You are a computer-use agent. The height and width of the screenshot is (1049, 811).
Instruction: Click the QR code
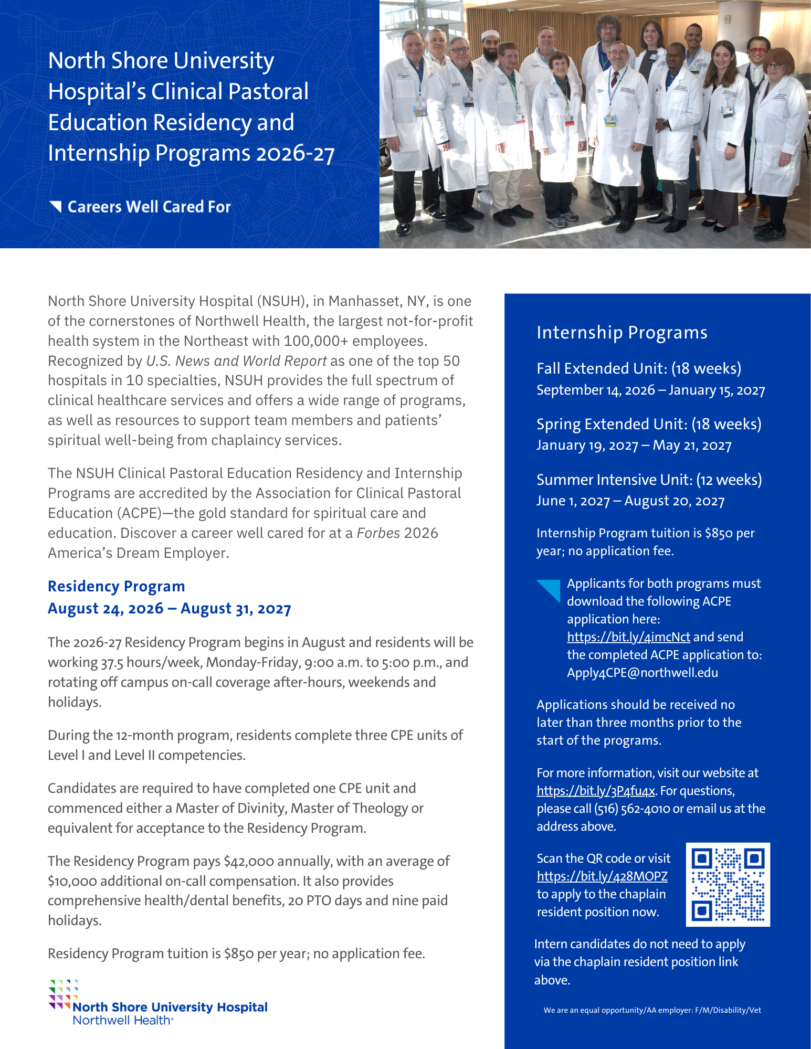pos(728,884)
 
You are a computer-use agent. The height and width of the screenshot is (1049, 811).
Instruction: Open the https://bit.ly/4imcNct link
pos(628,637)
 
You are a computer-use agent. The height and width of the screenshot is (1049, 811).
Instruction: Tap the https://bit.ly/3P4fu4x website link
pos(596,791)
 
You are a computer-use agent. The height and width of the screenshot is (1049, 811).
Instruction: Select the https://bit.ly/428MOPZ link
pos(602,876)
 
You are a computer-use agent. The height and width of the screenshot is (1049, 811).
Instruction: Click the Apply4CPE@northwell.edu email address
pos(643,673)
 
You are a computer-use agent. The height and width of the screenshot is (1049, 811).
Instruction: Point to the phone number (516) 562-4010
pos(631,809)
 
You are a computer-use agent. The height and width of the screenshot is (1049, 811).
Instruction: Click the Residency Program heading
pos(117,586)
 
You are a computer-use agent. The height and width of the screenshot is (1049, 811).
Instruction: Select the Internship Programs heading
pos(622,333)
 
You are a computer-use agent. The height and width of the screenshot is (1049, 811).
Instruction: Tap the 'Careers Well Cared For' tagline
pos(149,207)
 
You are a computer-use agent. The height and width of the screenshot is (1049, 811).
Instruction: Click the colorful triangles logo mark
pos(63,993)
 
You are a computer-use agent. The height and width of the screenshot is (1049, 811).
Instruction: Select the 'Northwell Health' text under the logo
pos(122,1021)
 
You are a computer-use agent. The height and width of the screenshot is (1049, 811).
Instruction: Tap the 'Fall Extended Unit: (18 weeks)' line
pos(639,368)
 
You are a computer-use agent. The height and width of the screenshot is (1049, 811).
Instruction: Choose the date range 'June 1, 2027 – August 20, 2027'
pos(630,501)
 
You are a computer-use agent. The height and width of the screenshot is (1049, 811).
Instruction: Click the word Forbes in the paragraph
pos(378,533)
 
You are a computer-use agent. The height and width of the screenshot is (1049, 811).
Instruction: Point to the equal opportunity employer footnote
pos(652,1010)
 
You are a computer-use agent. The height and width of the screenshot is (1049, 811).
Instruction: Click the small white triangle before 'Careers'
pos(56,206)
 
